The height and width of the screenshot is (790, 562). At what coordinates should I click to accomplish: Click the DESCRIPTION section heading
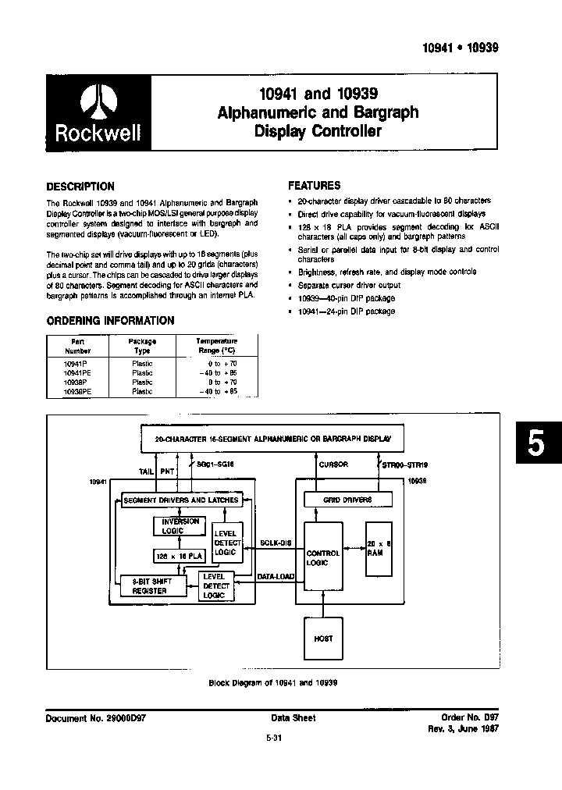80,187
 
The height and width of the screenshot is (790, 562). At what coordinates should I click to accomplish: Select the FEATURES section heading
315,186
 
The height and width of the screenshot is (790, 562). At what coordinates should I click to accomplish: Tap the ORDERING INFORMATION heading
110,321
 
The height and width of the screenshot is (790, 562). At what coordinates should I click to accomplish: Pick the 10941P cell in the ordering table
76,363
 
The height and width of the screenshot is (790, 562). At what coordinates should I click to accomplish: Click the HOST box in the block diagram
323,638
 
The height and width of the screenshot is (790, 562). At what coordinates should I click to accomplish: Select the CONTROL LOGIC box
323,557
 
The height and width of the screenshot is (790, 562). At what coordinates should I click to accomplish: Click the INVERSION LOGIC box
180,526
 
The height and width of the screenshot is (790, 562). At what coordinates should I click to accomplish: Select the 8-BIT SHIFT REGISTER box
153,586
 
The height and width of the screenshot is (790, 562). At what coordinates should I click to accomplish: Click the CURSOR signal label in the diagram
333,465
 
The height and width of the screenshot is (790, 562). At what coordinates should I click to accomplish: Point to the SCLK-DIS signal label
275,543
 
